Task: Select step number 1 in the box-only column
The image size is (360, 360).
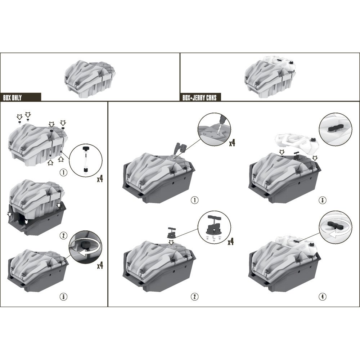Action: click(63, 172)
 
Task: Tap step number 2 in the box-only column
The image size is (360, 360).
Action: click(63, 236)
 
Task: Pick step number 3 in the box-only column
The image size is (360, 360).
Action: click(63, 297)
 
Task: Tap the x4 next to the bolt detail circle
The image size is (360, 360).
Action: click(100, 179)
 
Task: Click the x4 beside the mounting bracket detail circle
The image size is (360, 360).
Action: click(231, 242)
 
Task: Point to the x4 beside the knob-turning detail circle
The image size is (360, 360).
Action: click(100, 266)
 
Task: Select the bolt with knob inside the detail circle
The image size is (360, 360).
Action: click(86, 159)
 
